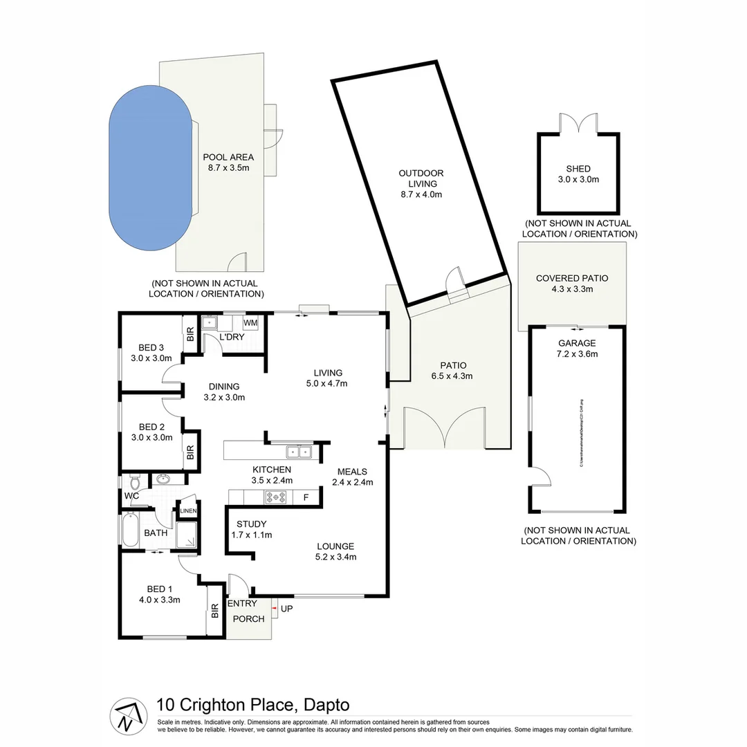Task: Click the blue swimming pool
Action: click(x=149, y=169)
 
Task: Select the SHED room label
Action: click(x=578, y=169)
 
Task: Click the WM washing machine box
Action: click(x=250, y=323)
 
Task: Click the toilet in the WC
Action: click(x=136, y=480)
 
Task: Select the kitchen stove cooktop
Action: click(x=276, y=497)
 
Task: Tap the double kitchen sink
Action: click(x=299, y=452)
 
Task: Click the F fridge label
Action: click(x=306, y=497)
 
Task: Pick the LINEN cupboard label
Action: click(x=189, y=511)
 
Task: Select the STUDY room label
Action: click(x=251, y=524)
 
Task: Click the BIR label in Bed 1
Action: click(x=215, y=611)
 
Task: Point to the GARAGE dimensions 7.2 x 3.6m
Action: click(x=578, y=353)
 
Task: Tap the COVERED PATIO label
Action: click(x=572, y=278)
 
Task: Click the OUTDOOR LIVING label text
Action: click(x=421, y=178)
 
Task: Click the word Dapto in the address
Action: click(x=326, y=705)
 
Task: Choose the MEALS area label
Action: click(x=353, y=472)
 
